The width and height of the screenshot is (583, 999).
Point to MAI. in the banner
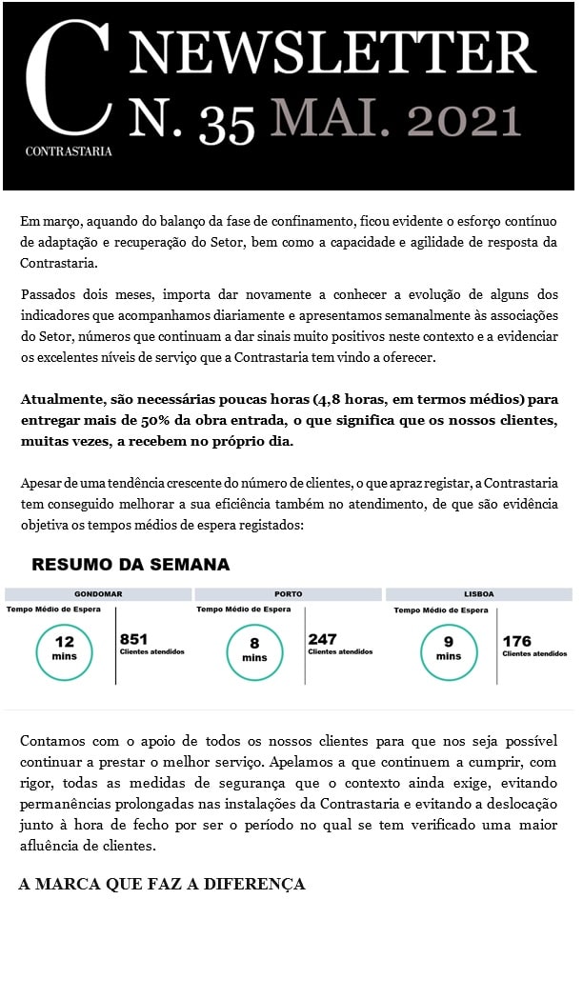coord(327,122)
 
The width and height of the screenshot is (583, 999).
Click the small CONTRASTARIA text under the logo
coord(69,150)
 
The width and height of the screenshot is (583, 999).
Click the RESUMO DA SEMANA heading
coord(131,565)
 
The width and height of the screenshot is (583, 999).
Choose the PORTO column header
coord(288,594)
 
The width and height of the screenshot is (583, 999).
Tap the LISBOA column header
coord(479,594)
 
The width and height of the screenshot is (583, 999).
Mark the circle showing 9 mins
coord(448,649)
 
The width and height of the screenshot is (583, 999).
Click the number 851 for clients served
coord(134,640)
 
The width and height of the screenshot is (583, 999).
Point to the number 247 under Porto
coord(323,640)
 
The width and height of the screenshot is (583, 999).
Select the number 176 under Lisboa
coord(517,641)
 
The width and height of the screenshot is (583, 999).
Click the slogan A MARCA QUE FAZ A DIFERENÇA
coord(162,885)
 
